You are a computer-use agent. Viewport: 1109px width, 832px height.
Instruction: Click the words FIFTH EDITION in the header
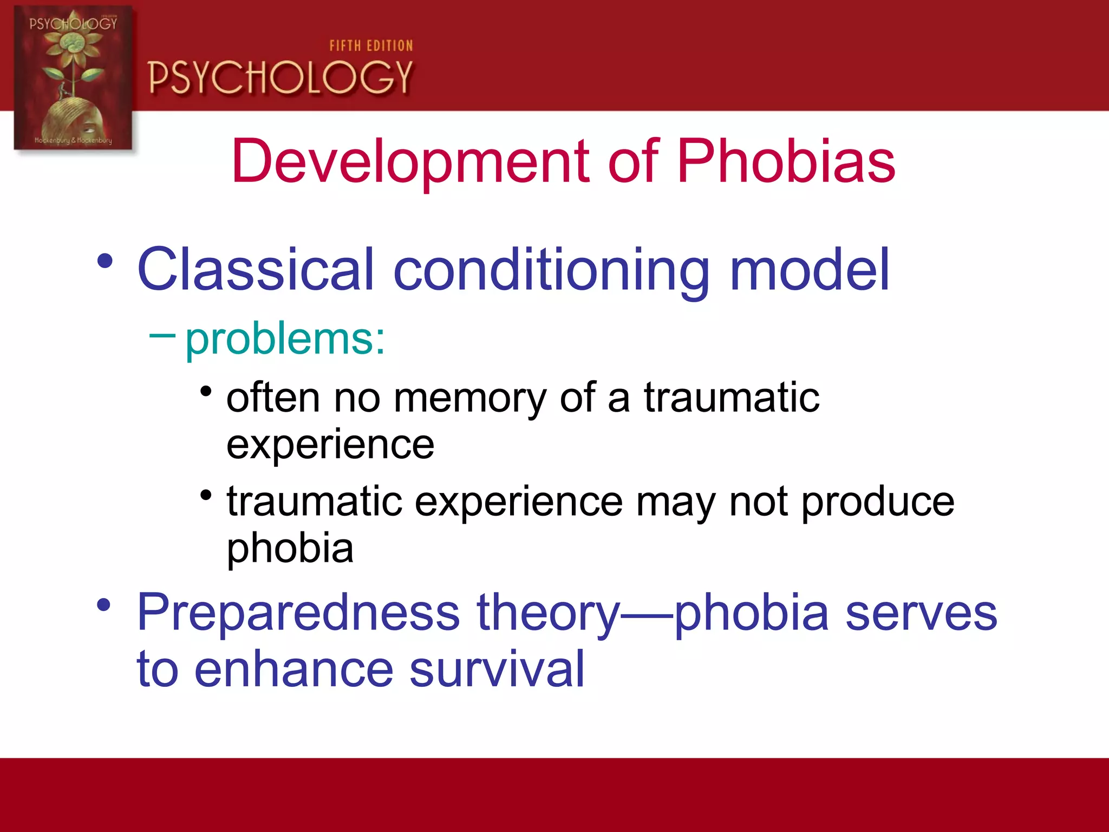371,46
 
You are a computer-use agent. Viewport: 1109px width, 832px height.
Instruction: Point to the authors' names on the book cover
73,140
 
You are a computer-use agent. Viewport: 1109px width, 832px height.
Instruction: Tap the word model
810,269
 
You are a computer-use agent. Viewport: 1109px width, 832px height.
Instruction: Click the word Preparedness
298,613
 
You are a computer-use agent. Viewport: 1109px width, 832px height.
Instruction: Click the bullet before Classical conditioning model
105,262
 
